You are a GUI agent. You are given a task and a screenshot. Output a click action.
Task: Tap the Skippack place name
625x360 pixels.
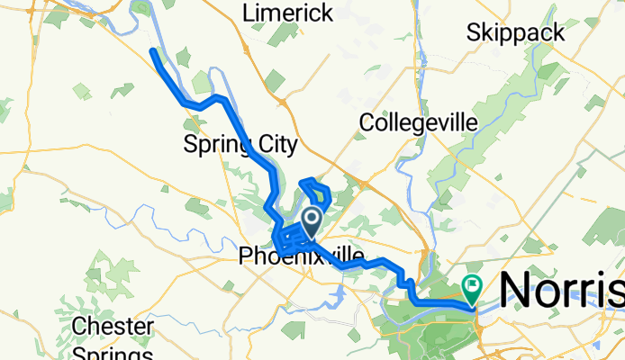point(515,33)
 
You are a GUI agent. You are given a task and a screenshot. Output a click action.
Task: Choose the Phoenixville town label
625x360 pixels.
point(301,257)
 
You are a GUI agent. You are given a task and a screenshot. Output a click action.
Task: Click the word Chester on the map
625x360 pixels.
point(107,325)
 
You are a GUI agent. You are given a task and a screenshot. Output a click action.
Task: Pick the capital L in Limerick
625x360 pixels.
point(249,13)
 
